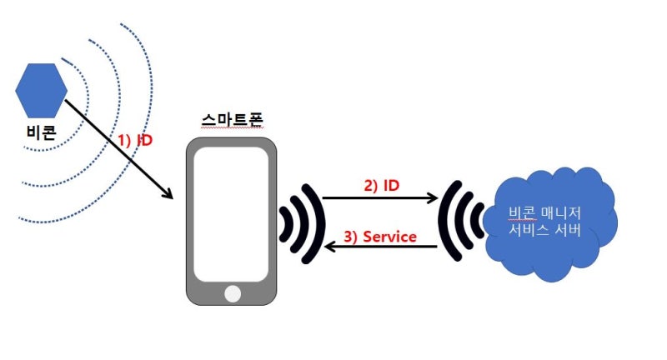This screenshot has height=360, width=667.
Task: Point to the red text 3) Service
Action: click(379, 237)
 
